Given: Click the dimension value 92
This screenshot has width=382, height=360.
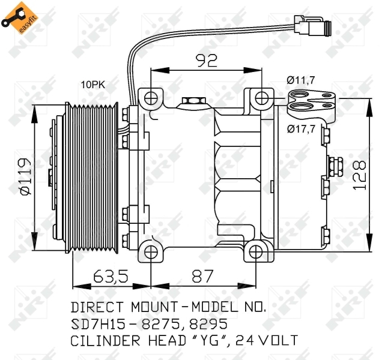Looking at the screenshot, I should (206, 60).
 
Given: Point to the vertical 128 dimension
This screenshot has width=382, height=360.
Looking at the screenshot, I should (359, 174).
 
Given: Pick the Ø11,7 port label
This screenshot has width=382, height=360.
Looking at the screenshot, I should (301, 79).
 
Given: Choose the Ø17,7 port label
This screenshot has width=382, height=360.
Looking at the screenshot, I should (302, 128).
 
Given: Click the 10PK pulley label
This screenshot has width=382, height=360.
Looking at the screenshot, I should (93, 85).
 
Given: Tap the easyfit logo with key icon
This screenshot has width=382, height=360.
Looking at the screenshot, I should (16, 16).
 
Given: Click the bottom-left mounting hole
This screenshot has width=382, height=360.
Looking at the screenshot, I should (151, 250).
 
